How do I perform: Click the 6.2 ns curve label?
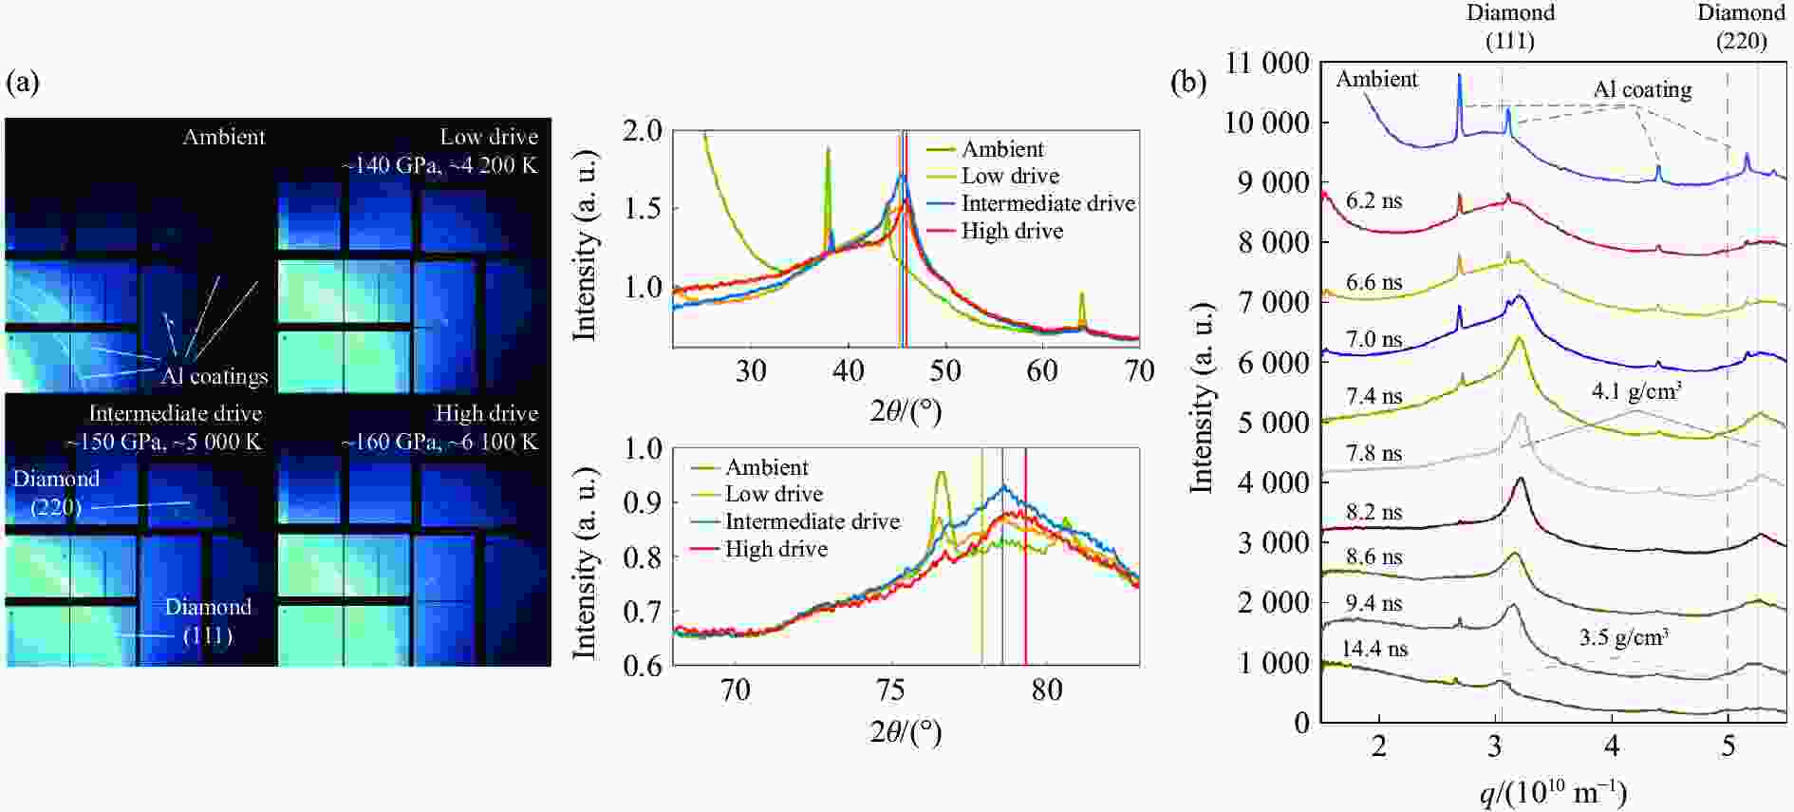pyautogui.click(x=1374, y=201)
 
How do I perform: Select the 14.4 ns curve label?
pyautogui.click(x=1374, y=650)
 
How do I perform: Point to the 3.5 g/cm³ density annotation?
pyautogui.click(x=1623, y=636)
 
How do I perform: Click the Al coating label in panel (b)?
pyautogui.click(x=1642, y=90)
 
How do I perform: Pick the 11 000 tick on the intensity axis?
pyautogui.click(x=1267, y=64)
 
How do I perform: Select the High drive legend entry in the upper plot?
pyautogui.click(x=1011, y=231)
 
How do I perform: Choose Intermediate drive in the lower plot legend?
pyautogui.click(x=812, y=521)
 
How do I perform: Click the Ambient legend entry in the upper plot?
pyautogui.click(x=1001, y=149)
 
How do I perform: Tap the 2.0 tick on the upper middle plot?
pyautogui.click(x=643, y=130)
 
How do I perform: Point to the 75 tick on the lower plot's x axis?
pyautogui.click(x=890, y=690)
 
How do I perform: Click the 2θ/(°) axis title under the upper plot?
pyautogui.click(x=906, y=410)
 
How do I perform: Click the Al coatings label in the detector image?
pyautogui.click(x=214, y=376)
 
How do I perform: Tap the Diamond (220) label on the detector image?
pyautogui.click(x=56, y=492)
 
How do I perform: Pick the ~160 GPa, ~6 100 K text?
pyautogui.click(x=439, y=442)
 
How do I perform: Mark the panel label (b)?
pyautogui.click(x=1188, y=83)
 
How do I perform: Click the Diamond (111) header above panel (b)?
pyautogui.click(x=1510, y=27)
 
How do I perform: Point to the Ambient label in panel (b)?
pyautogui.click(x=1376, y=80)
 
